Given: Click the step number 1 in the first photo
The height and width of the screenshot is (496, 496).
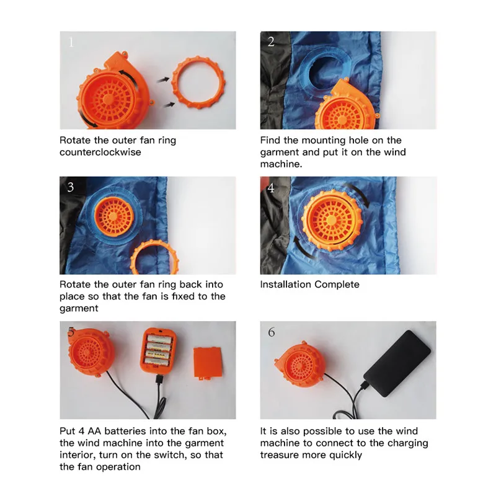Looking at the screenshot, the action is tap(71, 42).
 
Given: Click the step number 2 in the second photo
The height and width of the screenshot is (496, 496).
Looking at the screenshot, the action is tap(271, 42).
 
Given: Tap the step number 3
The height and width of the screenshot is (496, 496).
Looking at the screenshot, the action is tap(71, 187).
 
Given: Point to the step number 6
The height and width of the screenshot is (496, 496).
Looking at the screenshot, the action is tap(272, 332).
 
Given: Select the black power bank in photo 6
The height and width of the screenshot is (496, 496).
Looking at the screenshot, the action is tap(397, 363).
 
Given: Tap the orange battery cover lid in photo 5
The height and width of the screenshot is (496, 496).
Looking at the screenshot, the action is tap(208, 363).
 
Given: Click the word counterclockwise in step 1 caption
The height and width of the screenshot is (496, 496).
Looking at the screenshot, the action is tap(100, 152).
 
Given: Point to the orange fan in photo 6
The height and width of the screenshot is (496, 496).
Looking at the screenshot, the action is tap(299, 368).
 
